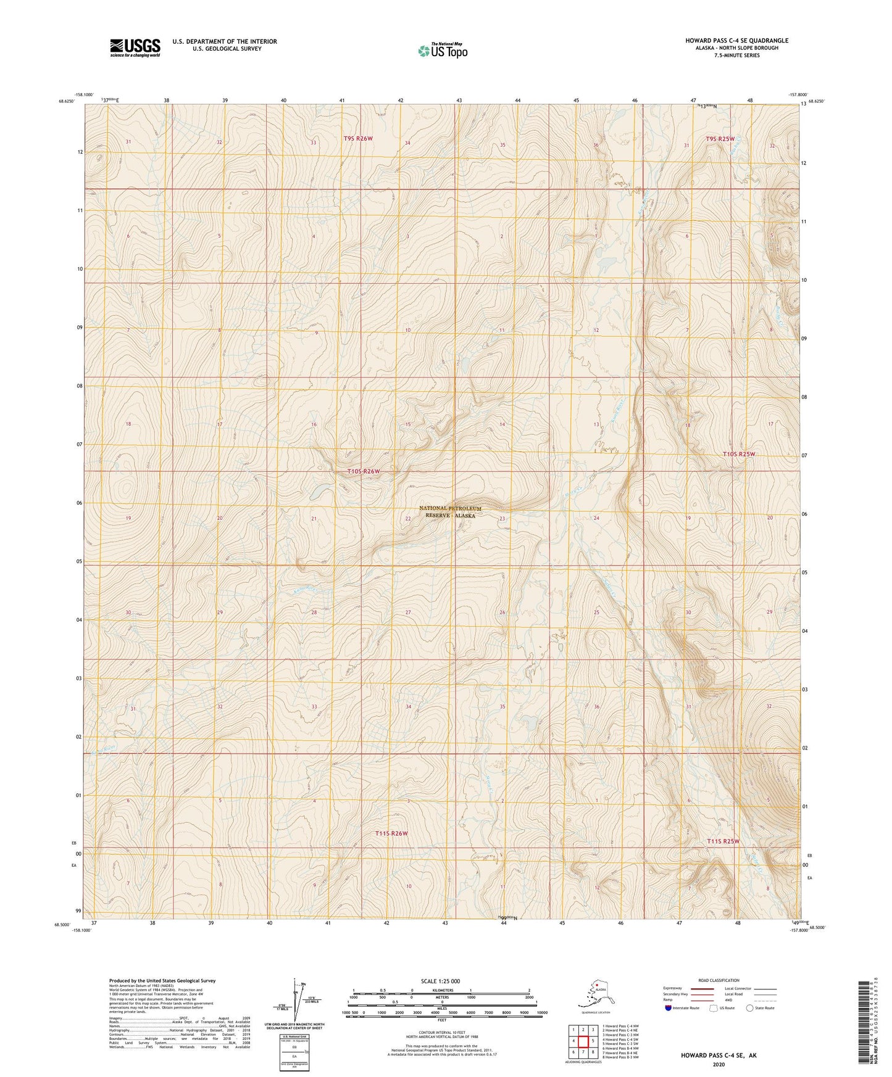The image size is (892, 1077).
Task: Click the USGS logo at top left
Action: (135, 47)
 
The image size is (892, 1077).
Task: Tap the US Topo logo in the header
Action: (443, 51)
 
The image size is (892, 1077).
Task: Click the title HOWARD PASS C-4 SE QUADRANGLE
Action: (736, 41)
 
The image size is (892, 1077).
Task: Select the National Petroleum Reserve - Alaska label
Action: (449, 511)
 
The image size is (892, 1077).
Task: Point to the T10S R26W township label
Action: (363, 471)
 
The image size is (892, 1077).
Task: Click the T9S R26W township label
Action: (358, 139)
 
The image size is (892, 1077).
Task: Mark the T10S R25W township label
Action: (739, 454)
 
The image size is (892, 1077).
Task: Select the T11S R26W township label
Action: (391, 833)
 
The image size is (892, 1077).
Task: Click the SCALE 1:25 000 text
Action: (440, 981)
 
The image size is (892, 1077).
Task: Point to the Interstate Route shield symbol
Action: (669, 1008)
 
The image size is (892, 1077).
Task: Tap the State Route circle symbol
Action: (749, 1008)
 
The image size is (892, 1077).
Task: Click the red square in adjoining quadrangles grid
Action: (583, 1041)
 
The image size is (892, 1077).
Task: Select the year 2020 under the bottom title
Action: (718, 1064)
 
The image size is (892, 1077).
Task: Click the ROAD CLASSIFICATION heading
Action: (719, 980)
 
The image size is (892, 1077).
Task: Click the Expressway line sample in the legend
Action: (702, 988)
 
